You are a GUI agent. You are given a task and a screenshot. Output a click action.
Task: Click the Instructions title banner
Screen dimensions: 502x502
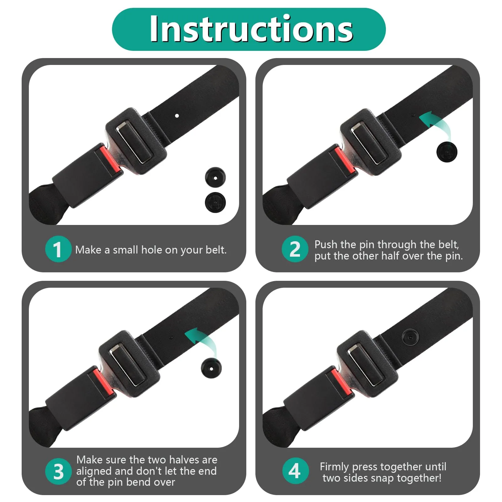tap(249, 29)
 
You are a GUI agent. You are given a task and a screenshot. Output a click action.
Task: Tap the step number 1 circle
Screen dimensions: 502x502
tap(58, 249)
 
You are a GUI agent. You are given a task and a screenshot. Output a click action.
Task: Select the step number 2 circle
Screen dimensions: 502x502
tap(295, 249)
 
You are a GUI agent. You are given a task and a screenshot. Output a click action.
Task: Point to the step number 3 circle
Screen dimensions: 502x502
tap(58, 471)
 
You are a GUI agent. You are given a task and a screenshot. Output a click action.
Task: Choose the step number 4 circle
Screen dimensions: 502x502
tap(295, 471)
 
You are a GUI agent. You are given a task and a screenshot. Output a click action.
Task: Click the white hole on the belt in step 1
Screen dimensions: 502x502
tap(177, 116)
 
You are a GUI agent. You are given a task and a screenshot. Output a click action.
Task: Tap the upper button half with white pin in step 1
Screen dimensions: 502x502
tap(215, 178)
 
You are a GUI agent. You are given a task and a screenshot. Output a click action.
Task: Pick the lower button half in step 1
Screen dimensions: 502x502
tap(215, 202)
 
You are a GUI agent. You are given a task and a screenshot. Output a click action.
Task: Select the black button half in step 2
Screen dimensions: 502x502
tap(447, 152)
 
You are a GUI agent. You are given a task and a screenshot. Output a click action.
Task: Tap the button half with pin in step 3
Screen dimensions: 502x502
tap(211, 368)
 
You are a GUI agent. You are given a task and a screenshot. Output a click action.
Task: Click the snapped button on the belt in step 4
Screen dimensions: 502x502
tap(410, 337)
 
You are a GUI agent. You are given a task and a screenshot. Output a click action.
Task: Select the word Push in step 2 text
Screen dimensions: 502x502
tap(326, 244)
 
